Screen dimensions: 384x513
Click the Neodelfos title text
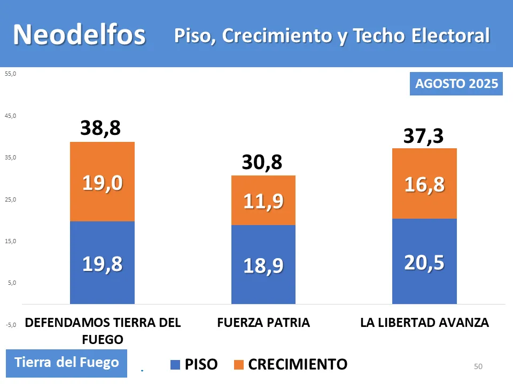tap(79, 35)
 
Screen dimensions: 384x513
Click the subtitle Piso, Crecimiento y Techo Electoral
tap(331, 35)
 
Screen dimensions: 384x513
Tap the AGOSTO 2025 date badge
tap(456, 84)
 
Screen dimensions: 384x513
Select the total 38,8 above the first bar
tap(100, 128)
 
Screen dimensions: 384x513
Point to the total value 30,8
tap(262, 162)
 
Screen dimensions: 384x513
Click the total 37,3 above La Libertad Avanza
tap(423, 136)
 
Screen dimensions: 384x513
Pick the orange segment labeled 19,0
tap(102, 182)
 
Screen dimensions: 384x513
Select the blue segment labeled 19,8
tap(102, 263)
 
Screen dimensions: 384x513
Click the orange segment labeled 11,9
tap(263, 201)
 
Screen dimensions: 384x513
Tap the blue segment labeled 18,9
tap(263, 265)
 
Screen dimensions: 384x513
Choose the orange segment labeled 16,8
tap(424, 184)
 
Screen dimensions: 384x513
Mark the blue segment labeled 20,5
tap(424, 262)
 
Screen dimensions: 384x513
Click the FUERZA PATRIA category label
tap(263, 323)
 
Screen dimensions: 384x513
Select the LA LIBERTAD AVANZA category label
tap(424, 323)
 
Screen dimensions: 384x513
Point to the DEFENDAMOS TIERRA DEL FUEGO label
tap(103, 331)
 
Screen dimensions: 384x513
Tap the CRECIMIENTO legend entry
tap(291, 364)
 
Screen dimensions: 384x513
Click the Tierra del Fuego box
tap(67, 363)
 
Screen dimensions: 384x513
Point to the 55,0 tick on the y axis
tap(11, 74)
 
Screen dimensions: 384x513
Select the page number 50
tap(478, 366)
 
